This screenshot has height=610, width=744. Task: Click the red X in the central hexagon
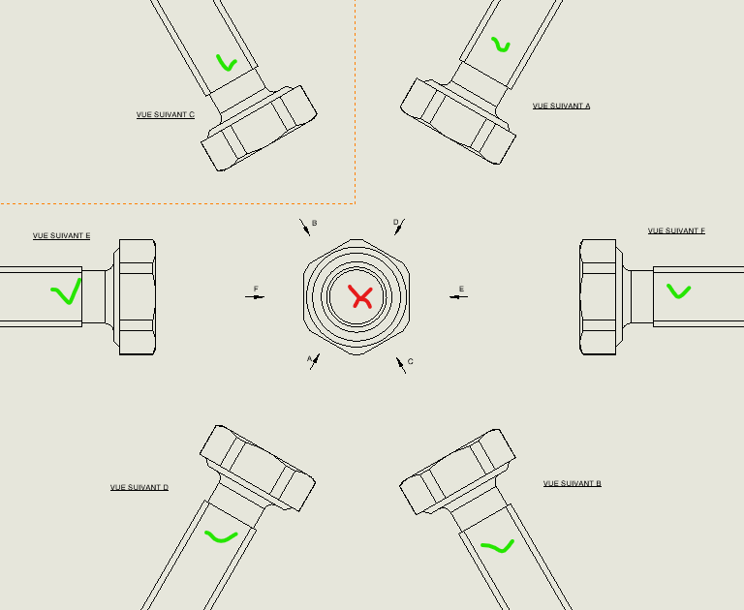[x=360, y=297]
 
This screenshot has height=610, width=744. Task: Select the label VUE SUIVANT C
[x=166, y=115]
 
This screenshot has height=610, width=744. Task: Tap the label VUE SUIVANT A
[x=561, y=106]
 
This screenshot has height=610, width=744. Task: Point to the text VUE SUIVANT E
[x=62, y=235]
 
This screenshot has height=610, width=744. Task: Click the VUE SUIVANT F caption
[x=676, y=231]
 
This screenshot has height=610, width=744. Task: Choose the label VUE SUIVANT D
[x=139, y=487]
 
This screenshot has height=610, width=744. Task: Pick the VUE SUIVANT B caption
[x=573, y=483]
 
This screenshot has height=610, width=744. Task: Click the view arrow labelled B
[x=304, y=228]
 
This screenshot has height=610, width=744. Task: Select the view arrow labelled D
[x=399, y=227]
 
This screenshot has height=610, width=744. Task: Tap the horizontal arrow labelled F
[x=255, y=297]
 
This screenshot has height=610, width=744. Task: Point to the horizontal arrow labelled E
[x=458, y=297]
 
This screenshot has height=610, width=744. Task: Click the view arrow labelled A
[x=315, y=361]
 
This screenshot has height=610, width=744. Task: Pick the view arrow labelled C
[x=401, y=365]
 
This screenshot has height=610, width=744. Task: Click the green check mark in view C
[x=226, y=64]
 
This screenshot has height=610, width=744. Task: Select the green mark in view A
[x=500, y=46]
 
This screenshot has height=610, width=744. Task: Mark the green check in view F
[x=678, y=291]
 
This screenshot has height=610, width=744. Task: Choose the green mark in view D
[x=221, y=537]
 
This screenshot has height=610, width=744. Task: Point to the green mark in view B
[x=498, y=546]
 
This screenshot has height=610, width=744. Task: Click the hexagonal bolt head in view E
[x=138, y=297]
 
